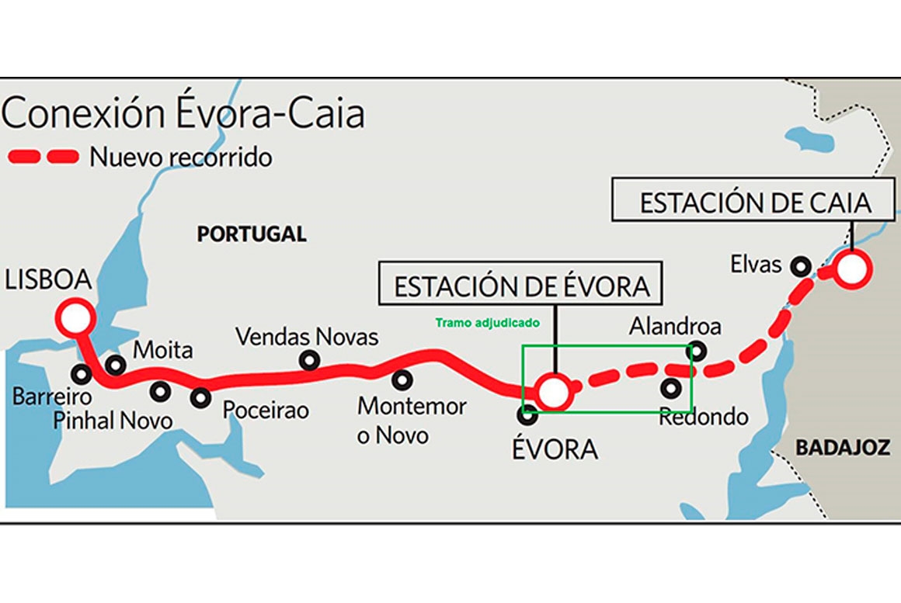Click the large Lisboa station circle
coord(75,317)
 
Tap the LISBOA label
coord(47,280)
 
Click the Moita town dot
coord(115,364)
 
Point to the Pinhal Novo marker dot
coord(161,392)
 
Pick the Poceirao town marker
coord(201,397)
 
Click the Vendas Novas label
coord(307,337)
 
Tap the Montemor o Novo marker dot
coord(402,380)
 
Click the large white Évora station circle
coord(555,392)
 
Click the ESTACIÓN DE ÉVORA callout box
coord(521,286)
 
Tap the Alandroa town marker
coord(697,351)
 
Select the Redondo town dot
coord(671,387)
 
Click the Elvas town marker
coord(799,266)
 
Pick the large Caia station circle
coord(851,270)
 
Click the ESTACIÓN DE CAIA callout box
coord(755,203)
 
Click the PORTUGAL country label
coord(251,234)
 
